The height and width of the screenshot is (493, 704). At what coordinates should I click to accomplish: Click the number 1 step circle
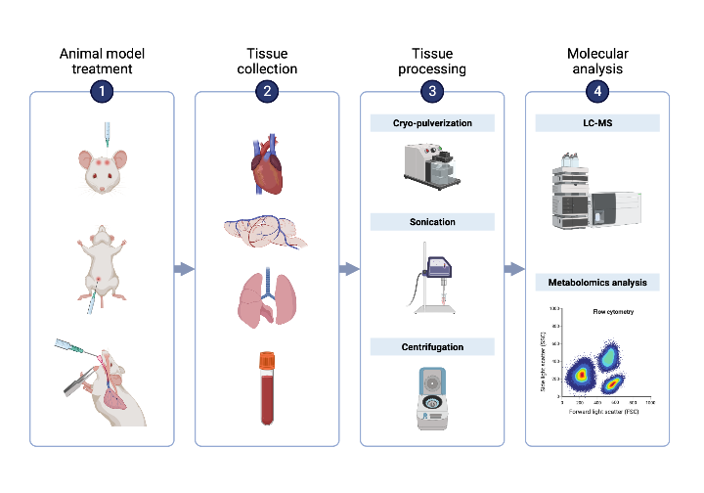pyautogui.click(x=102, y=92)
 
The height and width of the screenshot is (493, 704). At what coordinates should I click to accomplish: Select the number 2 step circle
pyautogui.click(x=267, y=92)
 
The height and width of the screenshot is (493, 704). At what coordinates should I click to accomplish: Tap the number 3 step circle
pyautogui.click(x=432, y=92)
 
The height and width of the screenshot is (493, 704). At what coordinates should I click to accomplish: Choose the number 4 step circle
pyautogui.click(x=597, y=92)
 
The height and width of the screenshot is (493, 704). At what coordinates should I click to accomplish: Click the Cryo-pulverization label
pyautogui.click(x=432, y=123)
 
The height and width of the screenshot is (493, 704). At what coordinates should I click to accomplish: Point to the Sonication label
pyautogui.click(x=432, y=222)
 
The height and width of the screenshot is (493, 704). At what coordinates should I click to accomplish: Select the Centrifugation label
pyautogui.click(x=432, y=347)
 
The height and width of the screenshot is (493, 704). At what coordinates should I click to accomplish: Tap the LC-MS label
pyautogui.click(x=597, y=123)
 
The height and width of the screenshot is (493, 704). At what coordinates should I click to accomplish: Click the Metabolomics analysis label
pyautogui.click(x=597, y=283)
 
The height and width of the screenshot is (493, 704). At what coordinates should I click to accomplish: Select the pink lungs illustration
pyautogui.click(x=266, y=299)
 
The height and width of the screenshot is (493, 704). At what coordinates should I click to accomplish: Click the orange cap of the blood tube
pyautogui.click(x=267, y=361)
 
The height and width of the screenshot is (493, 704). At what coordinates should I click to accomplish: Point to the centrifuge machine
pyautogui.click(x=431, y=396)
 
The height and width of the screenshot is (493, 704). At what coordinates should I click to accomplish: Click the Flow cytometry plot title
pyautogui.click(x=612, y=313)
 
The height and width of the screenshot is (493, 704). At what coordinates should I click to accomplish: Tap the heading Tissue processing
pyautogui.click(x=432, y=61)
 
